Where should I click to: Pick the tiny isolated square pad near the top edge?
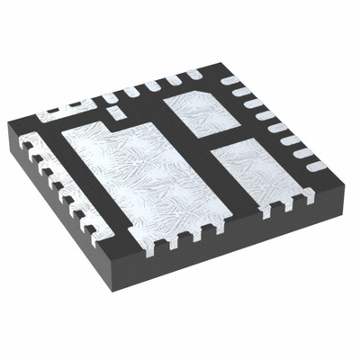coord(113,112)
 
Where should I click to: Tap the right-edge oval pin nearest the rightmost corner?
coord(315,166)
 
